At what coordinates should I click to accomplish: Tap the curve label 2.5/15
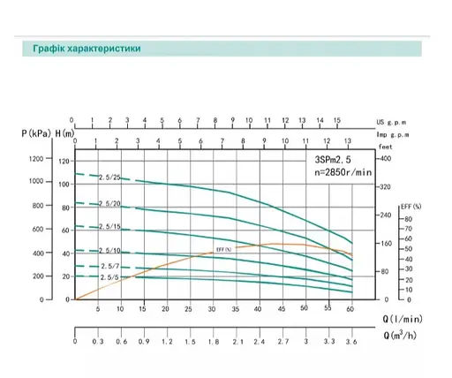pyautogui.click(x=109, y=228)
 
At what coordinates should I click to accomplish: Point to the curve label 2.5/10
pyautogui.click(x=109, y=251)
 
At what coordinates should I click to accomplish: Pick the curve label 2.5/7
pyautogui.click(x=109, y=266)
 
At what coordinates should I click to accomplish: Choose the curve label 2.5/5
pyautogui.click(x=109, y=278)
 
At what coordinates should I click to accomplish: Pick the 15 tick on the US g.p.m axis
pyautogui.click(x=335, y=118)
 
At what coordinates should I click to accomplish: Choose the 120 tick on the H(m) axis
pyautogui.click(x=63, y=161)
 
